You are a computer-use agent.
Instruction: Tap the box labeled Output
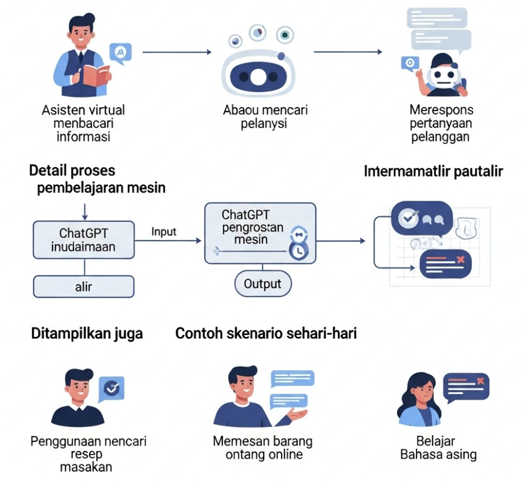[x=263, y=284]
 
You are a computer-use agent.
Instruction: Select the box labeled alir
[x=84, y=287]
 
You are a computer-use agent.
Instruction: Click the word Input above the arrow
[x=164, y=232]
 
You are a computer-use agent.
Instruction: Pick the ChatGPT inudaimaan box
[x=84, y=240]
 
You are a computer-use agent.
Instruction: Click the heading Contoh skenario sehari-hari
[x=266, y=333]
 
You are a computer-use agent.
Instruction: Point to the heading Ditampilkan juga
[x=86, y=333]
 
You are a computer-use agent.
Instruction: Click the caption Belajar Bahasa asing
[x=438, y=447]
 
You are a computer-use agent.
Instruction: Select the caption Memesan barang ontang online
[x=263, y=447]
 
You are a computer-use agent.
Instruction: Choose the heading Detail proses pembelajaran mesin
[x=98, y=179]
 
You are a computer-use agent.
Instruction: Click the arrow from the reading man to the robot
[x=177, y=52]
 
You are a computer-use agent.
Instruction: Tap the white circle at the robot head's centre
[x=259, y=78]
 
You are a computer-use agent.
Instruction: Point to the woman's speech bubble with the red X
[x=466, y=386]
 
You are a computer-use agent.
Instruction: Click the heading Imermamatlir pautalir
[x=433, y=171]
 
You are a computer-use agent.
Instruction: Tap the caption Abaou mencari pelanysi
[x=265, y=116]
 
